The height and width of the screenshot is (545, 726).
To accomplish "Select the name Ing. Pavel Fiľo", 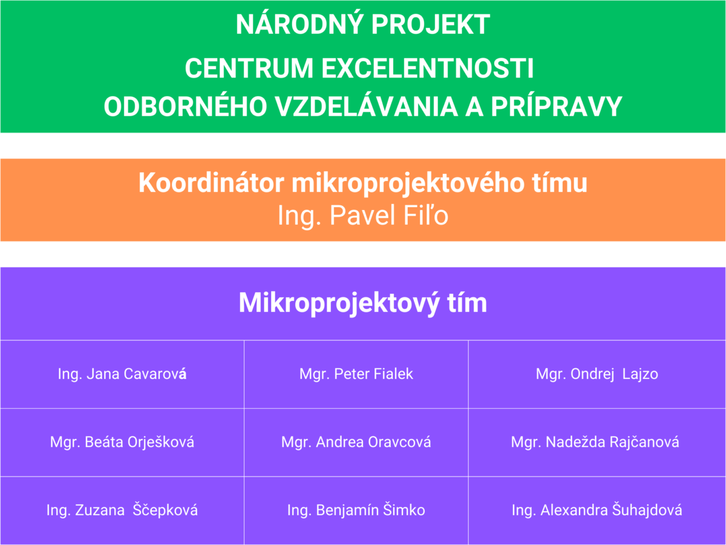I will tap(363, 216).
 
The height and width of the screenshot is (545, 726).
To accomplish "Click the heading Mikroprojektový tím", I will tap(363, 303).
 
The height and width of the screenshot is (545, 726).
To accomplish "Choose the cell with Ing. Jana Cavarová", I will tap(122, 374).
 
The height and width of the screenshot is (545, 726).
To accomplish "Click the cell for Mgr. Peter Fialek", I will tap(356, 374).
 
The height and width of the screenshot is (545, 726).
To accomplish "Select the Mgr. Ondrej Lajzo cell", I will tap(597, 374).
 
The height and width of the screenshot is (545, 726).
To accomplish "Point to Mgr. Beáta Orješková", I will tap(122, 442).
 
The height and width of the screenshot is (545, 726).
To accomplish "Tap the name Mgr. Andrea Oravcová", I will tap(356, 442).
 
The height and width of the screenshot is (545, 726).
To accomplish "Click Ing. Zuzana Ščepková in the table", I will tap(122, 510).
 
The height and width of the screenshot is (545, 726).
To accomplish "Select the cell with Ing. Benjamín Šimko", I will tap(356, 510).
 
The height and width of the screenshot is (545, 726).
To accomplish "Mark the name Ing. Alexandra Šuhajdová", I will tap(597, 510).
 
